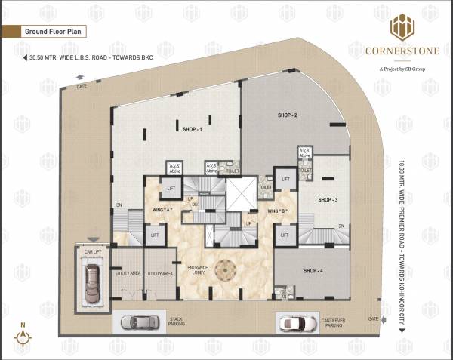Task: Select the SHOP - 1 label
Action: pyautogui.click(x=192, y=129)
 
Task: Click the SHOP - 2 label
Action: pyautogui.click(x=286, y=115)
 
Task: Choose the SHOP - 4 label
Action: pyautogui.click(x=313, y=270)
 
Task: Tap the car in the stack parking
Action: pyautogui.click(x=138, y=322)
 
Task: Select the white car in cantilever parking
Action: pyautogui.click(x=295, y=323)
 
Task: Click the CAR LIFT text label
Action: pyautogui.click(x=92, y=251)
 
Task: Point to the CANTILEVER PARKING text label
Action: pyautogui.click(x=341, y=321)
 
